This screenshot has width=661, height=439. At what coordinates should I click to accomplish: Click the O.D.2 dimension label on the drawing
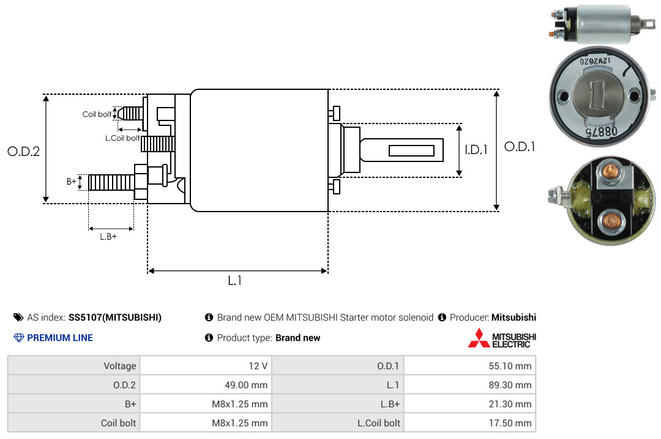[x=24, y=151]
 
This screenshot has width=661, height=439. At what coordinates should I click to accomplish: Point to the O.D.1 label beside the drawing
[x=520, y=147]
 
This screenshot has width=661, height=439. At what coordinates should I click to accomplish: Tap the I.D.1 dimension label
[x=476, y=150]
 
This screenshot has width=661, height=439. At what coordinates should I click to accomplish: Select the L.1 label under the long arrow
[x=235, y=281]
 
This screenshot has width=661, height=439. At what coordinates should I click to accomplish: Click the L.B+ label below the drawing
[x=108, y=237]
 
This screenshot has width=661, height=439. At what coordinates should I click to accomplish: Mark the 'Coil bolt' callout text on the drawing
[x=97, y=114]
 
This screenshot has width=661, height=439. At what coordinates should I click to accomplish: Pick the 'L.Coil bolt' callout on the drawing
[x=122, y=138]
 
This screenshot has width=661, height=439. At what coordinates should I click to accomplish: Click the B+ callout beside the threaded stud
[x=71, y=182]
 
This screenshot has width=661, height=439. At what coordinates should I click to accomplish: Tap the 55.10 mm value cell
[x=510, y=366]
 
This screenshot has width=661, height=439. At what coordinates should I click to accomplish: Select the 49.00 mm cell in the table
[x=246, y=385]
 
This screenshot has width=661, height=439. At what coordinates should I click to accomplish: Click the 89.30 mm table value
[x=510, y=385]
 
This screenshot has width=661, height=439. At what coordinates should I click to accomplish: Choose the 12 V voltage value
[x=258, y=366]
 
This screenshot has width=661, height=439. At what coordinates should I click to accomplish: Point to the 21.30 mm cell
[x=510, y=404]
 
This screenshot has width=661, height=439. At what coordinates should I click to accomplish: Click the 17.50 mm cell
[x=510, y=423]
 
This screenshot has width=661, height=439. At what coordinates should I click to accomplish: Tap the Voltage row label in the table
[x=120, y=366]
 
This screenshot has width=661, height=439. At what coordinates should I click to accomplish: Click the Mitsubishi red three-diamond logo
[x=479, y=338]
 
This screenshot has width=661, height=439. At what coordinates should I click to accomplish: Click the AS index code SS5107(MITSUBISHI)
[x=115, y=317]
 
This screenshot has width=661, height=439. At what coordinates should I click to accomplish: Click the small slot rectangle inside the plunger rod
[x=411, y=151]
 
